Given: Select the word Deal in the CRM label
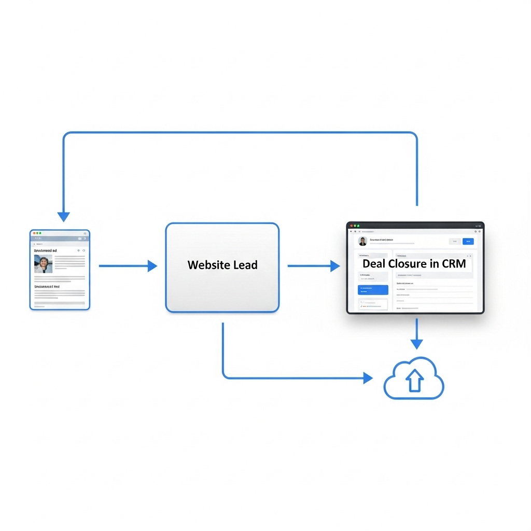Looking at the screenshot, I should point(373,263).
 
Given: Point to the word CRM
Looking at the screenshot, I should point(454,263).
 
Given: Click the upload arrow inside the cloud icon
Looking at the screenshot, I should point(414,382).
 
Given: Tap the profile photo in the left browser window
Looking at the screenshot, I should point(43,263).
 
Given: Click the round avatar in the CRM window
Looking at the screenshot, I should point(362,241).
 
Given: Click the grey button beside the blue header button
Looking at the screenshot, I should point(454,241).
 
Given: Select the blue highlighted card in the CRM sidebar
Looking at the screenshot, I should point(373,290).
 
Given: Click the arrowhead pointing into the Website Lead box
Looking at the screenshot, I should point(152,266).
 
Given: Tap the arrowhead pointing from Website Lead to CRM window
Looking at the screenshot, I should point(335,266).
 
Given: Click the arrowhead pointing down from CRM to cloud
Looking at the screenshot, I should point(416,344).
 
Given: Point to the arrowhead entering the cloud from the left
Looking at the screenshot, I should point(368,378).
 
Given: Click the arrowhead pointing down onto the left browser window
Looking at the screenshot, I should point(63,216).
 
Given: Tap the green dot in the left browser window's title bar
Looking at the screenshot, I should point(40,233).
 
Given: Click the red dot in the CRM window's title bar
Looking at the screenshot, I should point(351,226).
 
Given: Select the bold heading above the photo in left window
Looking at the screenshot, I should point(46,250).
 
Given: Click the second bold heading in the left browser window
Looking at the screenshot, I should point(47,286).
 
